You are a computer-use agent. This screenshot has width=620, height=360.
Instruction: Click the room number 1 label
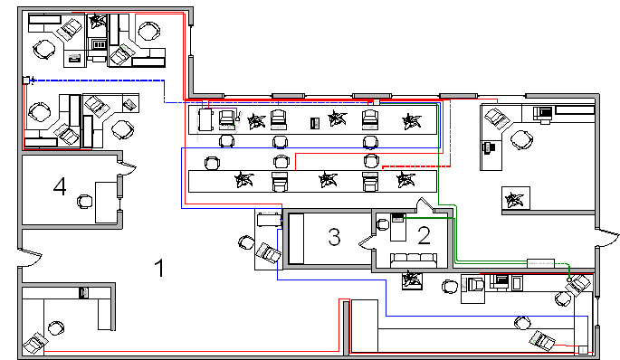click(x=159, y=268)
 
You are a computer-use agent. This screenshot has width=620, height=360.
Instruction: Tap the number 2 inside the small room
click(x=424, y=235)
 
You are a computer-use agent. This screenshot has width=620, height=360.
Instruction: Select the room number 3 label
click(x=334, y=237)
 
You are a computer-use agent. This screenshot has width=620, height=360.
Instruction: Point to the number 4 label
click(x=60, y=186)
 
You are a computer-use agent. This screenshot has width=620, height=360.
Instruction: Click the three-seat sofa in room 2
click(x=414, y=260)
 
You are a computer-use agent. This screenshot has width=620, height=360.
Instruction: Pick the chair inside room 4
click(x=84, y=202)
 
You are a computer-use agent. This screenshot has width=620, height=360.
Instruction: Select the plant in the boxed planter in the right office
click(x=515, y=199)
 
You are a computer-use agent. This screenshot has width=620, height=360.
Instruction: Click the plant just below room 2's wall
click(x=412, y=279)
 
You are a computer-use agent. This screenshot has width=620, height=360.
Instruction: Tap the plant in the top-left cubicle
click(x=97, y=21)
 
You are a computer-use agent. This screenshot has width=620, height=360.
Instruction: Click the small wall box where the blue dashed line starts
click(x=26, y=81)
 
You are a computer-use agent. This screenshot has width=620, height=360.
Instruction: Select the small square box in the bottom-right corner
click(x=583, y=350)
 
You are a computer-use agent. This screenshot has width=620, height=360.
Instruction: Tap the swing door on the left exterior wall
click(x=30, y=257)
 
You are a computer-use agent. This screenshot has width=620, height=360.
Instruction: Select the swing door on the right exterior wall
click(x=607, y=238)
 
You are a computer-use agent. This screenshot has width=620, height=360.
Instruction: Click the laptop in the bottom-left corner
click(x=35, y=342)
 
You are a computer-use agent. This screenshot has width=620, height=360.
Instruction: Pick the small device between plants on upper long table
click(x=315, y=123)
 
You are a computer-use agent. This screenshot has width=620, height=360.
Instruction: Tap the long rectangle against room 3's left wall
click(x=296, y=239)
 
